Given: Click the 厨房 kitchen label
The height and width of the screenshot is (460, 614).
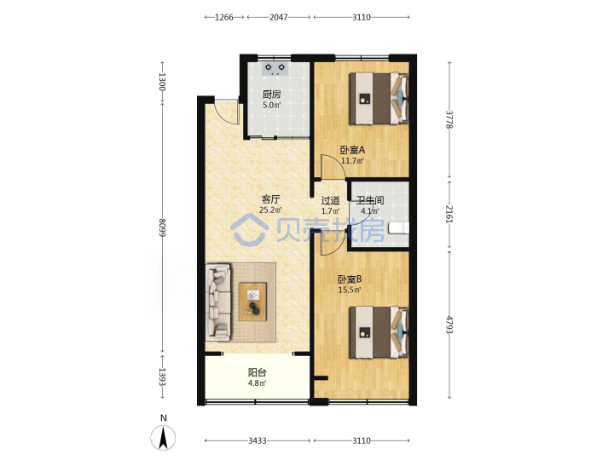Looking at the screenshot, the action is [271, 95].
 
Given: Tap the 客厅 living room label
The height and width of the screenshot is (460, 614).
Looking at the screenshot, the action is [270, 199].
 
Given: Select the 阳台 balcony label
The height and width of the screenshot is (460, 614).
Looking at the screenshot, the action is [258, 372].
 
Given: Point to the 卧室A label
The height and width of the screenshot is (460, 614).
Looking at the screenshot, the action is [352, 150].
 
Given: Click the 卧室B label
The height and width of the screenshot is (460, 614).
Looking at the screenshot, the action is [350, 279].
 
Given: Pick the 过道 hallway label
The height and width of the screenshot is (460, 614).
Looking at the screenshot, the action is [330, 201].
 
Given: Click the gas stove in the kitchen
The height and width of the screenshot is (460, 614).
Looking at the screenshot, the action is [275, 69].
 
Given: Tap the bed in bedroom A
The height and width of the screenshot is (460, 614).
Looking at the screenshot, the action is [379, 99].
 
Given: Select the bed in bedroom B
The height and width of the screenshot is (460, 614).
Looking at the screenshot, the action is [379, 332].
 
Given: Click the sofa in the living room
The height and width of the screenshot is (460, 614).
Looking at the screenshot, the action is [218, 301].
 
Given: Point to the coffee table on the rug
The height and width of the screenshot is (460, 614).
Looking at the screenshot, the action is [252, 302].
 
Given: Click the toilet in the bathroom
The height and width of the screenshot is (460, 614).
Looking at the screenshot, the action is [398, 228].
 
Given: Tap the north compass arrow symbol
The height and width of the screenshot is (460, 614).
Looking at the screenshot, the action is [163, 437].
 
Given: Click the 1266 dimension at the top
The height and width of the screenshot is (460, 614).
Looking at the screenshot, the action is [224, 17].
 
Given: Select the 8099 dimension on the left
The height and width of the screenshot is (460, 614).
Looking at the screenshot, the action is [163, 227].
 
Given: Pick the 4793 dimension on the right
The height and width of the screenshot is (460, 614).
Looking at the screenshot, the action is [449, 325].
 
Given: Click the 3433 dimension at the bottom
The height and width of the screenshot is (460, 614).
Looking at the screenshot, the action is [258, 441].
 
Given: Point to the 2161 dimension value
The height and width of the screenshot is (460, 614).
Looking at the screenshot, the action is [449, 214].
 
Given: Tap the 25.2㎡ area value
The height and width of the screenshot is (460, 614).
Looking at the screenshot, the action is [270, 210].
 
